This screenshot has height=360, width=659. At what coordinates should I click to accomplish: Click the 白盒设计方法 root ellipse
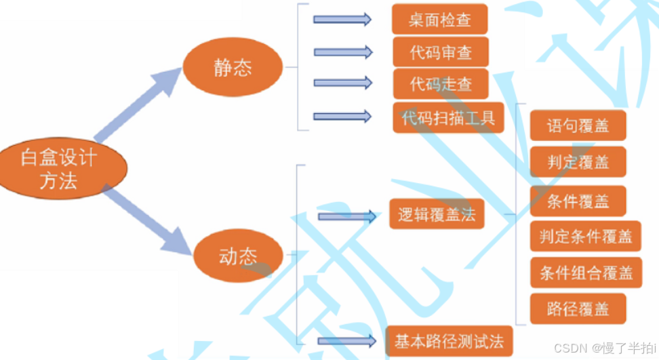[x=60, y=169]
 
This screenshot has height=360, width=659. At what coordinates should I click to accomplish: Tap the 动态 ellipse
[x=238, y=256]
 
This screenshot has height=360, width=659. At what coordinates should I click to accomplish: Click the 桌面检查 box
[x=439, y=20]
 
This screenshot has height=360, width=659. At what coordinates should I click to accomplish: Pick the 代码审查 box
[x=441, y=52]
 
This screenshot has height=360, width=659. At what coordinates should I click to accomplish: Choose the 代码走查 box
[x=441, y=84]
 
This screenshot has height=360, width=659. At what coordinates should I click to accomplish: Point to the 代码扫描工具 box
[x=448, y=118]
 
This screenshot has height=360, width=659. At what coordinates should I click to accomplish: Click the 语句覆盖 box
[x=578, y=126]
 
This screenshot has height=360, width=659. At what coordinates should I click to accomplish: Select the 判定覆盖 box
[x=578, y=162]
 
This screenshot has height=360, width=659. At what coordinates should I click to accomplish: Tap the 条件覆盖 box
[x=578, y=201]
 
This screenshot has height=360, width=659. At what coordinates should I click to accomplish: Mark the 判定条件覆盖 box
[x=586, y=236]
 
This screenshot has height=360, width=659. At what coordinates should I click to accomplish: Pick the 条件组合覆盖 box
[x=586, y=273]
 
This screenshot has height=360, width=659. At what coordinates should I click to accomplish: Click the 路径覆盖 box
[x=578, y=309]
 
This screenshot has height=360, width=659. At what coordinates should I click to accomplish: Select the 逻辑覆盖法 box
[x=437, y=215]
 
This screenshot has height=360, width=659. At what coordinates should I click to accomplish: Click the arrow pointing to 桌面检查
[x=342, y=19]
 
